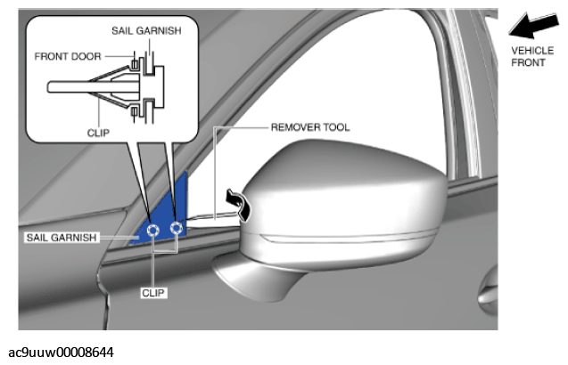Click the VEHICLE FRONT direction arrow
coord(533,25)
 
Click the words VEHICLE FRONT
coord(532,56)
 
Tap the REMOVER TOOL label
coord(310,127)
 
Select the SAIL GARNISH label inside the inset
coord(146,31)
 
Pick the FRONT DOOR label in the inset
coord(68,56)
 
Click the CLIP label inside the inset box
coord(98,134)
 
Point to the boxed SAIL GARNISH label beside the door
coord(62,238)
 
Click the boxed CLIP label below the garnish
coord(153,293)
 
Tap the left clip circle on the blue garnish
coord(152,231)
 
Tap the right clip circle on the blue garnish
coord(177,228)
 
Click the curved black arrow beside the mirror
coord(239,203)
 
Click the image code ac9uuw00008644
coord(61,353)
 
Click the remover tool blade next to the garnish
coord(214,221)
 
